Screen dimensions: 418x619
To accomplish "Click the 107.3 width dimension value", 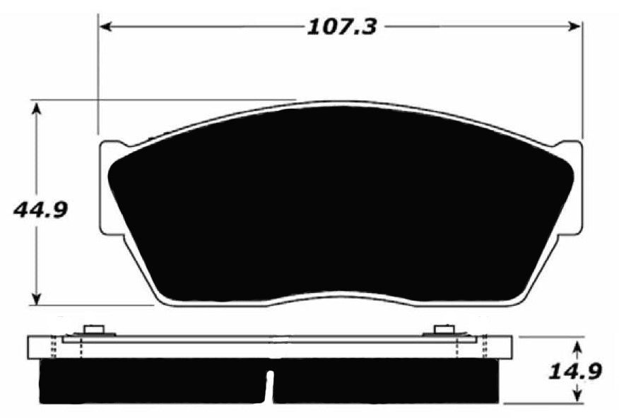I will point(341,27).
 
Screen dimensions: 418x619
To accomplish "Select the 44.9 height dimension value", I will point(40,210).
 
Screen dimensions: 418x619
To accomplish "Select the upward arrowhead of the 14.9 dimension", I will point(577,347).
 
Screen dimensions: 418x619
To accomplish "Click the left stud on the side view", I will point(93,330).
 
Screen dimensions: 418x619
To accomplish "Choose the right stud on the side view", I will point(443,330).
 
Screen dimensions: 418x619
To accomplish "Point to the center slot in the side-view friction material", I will point(269,385).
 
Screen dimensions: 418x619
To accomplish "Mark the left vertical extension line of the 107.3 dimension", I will point(98,78).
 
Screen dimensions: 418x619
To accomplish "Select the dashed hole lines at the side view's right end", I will point(485,346).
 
